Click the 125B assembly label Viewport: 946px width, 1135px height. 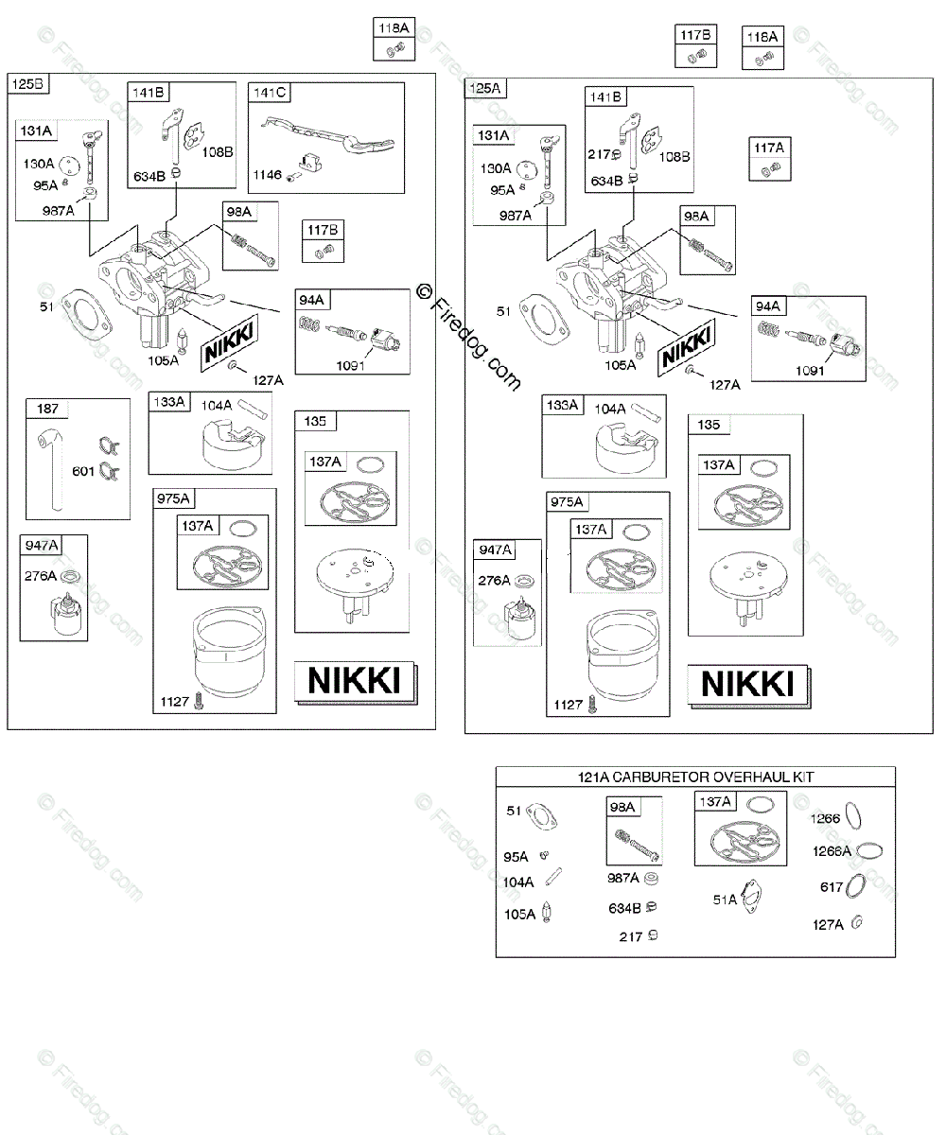pos(27,84)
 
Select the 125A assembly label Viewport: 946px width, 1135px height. pos(484,88)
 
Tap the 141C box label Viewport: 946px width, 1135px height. pos(269,93)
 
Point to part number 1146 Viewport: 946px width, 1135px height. pos(267,175)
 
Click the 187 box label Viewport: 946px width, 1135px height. pos(47,409)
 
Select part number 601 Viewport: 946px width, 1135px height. pos(83,471)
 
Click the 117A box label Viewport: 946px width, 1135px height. pos(769,148)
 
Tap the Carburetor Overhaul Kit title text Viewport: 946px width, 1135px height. pos(695,777)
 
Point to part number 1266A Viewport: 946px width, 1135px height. pos(832,851)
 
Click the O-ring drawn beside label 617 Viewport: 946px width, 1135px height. pos(856,886)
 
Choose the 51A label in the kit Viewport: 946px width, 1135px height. pos(725,899)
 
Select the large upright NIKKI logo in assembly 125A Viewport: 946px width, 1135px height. pos(748,684)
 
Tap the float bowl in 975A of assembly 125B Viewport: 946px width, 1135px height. pos(230,652)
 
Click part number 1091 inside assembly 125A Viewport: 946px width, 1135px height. pos(810,371)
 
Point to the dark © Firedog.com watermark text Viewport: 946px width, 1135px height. pos(468,337)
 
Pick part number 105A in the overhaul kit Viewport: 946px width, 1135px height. pos(519,915)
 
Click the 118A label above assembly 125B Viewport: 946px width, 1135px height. pos(394,28)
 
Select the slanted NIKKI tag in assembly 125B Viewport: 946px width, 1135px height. pos(230,342)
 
